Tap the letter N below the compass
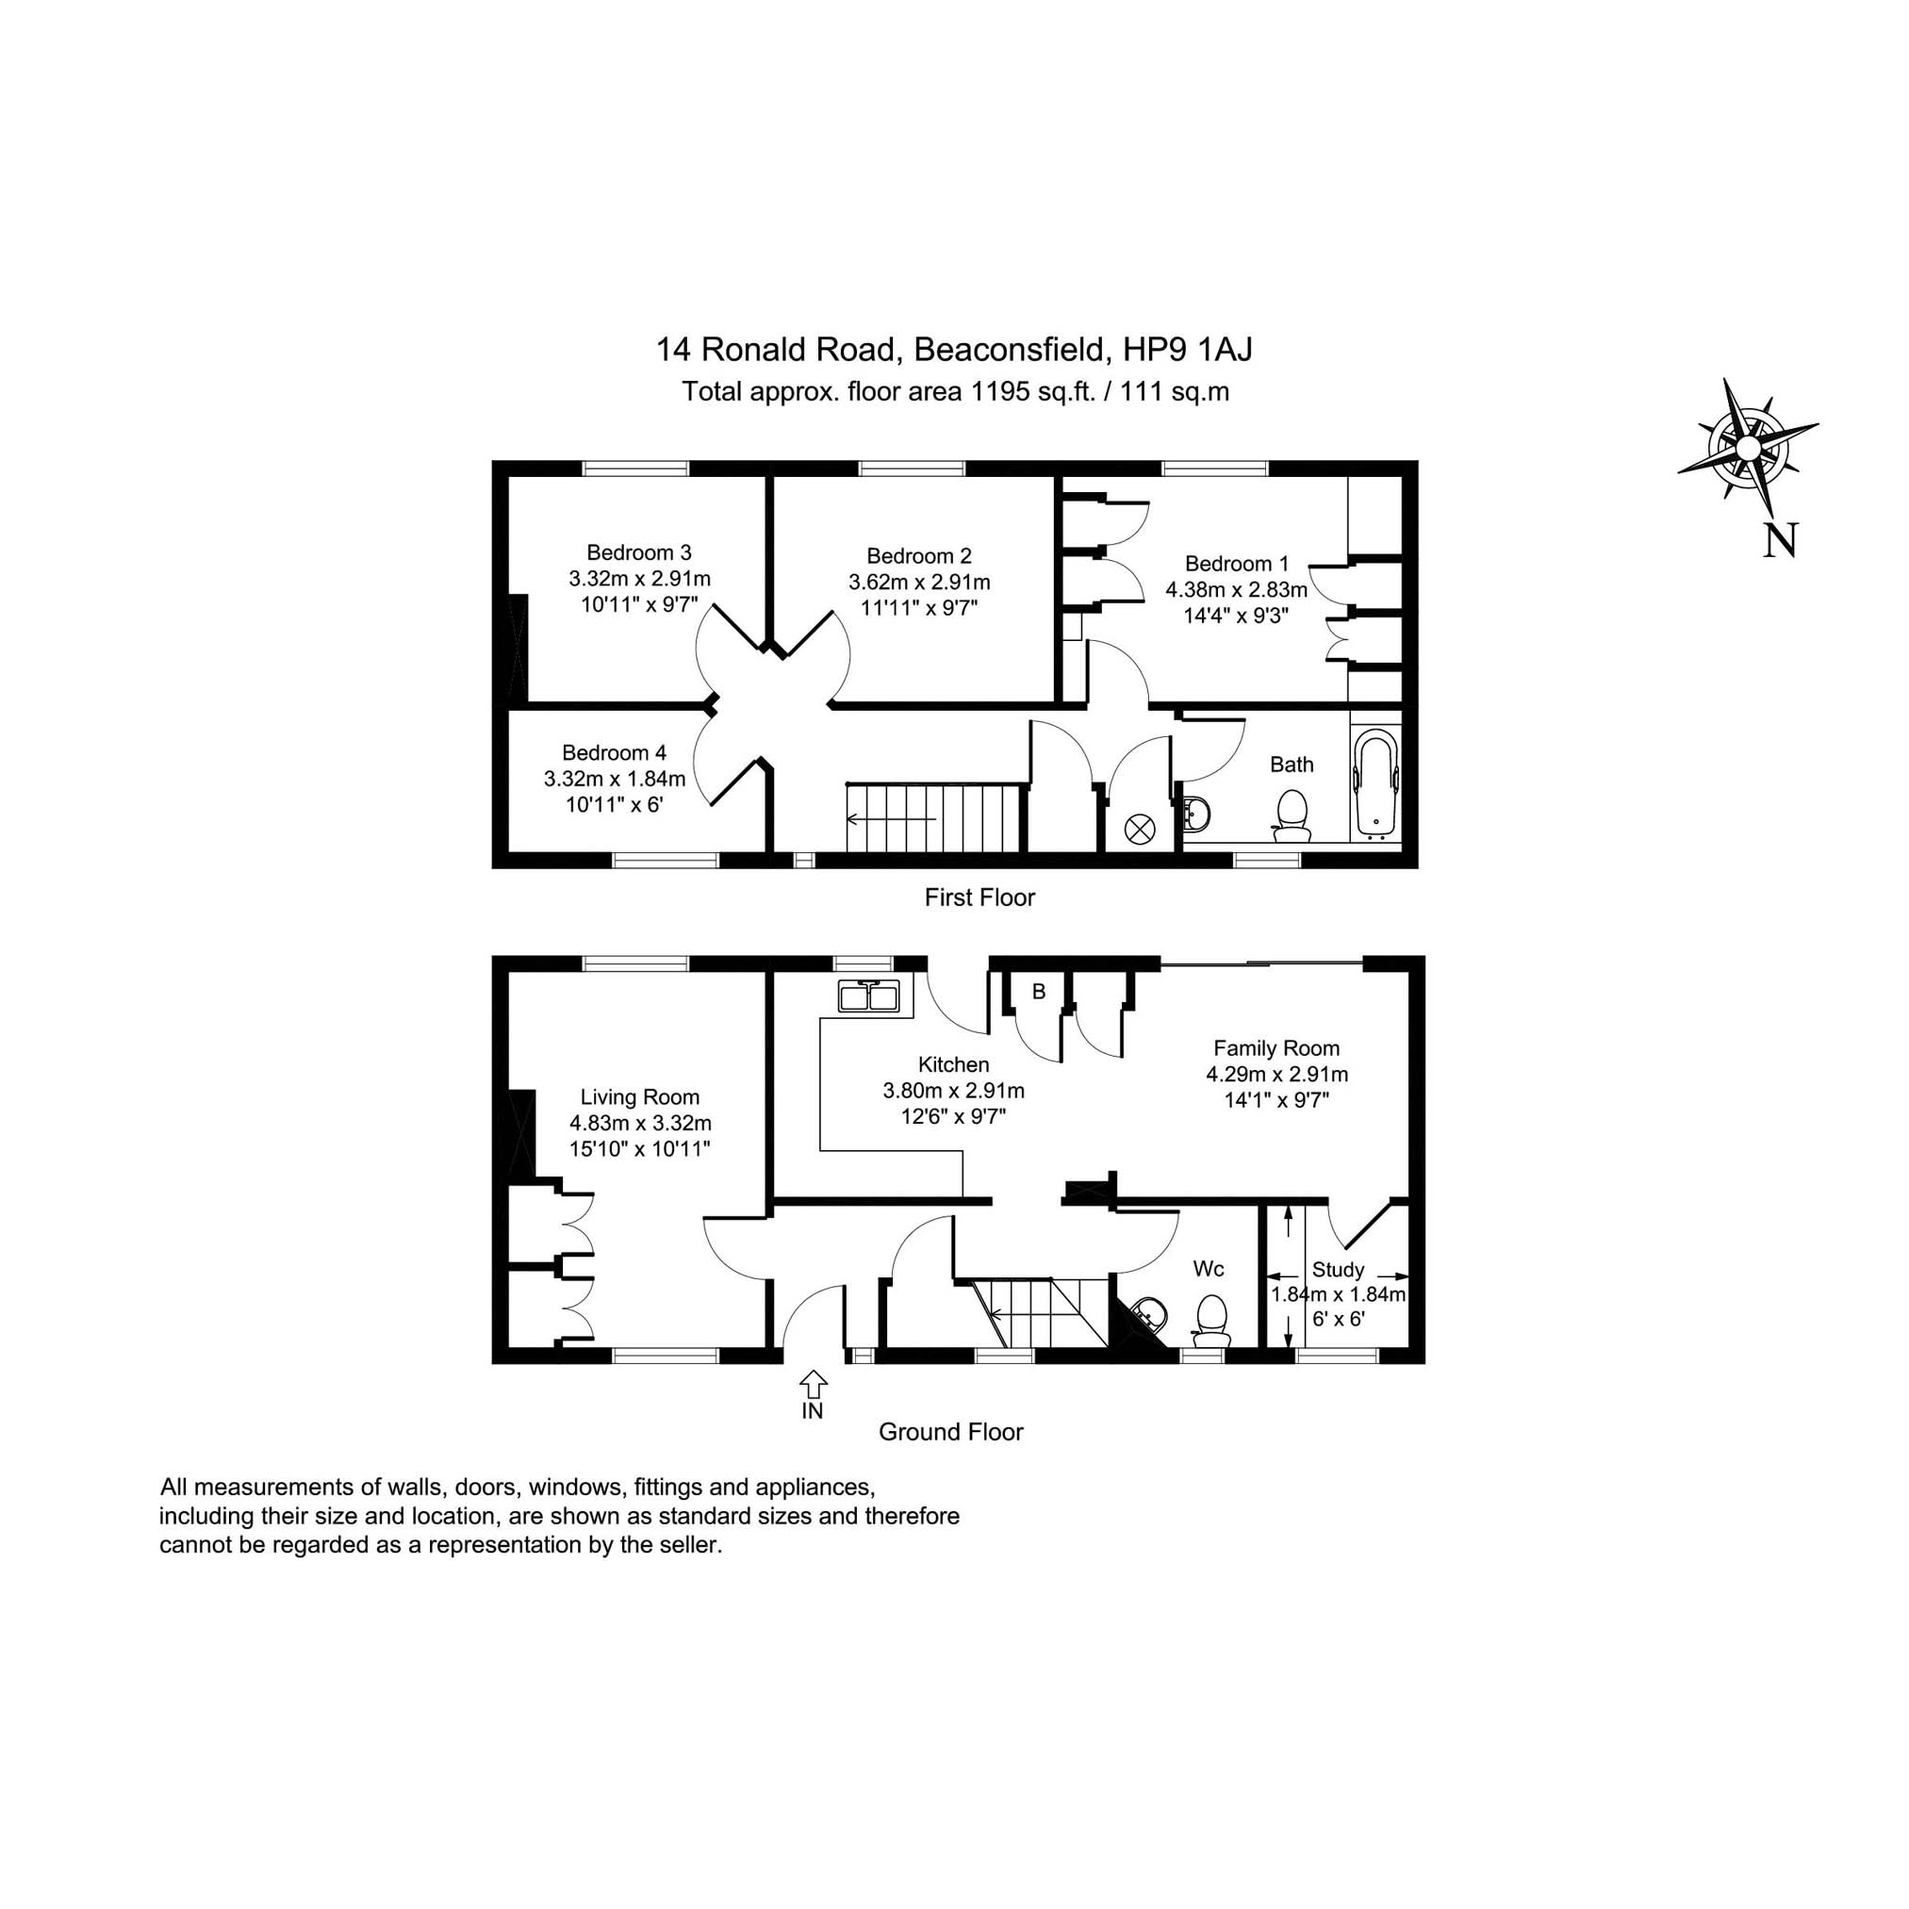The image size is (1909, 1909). coord(1780,540)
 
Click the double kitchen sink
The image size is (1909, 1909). coord(868,997)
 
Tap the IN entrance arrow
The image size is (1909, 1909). coord(813,1383)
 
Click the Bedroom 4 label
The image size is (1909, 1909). coord(614,753)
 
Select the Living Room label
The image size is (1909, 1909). coord(639,1096)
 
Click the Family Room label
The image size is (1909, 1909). coord(1275,1048)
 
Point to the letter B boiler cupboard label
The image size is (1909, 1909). coord(1039,991)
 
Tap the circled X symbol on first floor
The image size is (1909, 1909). coord(1140,830)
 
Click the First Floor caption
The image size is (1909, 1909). coord(979,897)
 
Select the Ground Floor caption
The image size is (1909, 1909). coord(950,1432)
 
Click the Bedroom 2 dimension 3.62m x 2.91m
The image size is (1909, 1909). coord(919,582)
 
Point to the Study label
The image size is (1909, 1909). coord(1338,1270)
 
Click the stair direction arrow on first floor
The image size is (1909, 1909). coord(890,819)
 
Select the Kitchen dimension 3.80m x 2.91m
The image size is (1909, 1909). coord(952,1091)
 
